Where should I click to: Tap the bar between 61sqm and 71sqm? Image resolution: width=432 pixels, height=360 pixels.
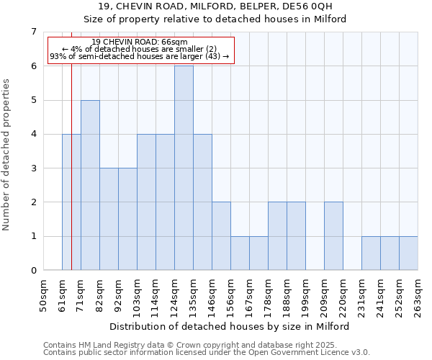[71, 202]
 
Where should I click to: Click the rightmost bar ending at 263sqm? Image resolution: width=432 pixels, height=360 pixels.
[408, 253]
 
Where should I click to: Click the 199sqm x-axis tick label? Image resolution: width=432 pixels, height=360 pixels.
[306, 295]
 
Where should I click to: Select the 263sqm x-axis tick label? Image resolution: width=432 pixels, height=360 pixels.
[418, 295]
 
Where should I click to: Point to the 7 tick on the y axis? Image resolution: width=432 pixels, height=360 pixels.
[33, 32]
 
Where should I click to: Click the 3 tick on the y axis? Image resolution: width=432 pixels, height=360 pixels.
[33, 168]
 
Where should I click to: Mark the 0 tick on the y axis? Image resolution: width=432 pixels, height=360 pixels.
[33, 270]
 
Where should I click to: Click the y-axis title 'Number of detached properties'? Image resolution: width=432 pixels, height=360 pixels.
[6, 155]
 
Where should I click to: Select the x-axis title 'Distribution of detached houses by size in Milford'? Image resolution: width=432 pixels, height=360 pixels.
[230, 326]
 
